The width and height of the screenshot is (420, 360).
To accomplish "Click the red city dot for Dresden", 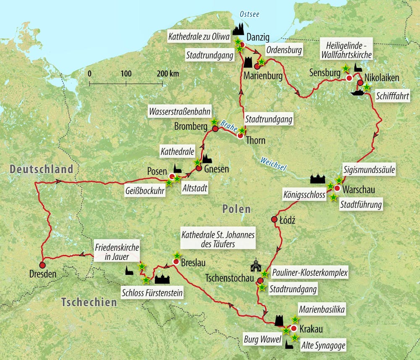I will coord(42,265).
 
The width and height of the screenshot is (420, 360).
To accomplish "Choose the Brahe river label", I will coord(228,125).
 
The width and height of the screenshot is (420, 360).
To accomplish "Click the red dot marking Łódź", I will coord(274,219).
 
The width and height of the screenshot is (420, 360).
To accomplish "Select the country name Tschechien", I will coord(89,302).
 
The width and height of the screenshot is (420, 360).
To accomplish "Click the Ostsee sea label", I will coord(249,14).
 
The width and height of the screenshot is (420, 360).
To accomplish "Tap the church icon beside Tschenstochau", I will coord(255,266).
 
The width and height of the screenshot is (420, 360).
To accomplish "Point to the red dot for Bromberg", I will coord(215,129).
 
